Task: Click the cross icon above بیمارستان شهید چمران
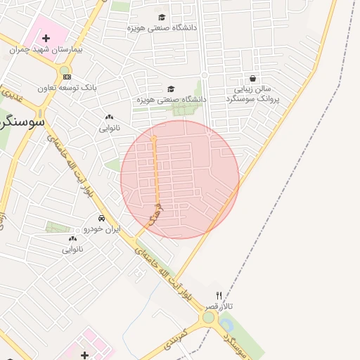tap(46, 38)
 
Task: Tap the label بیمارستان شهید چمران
tap(47, 51)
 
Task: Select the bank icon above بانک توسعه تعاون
tap(67, 77)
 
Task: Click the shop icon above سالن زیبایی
tap(253, 78)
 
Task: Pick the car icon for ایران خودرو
tap(102, 218)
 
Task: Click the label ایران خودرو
tap(103, 229)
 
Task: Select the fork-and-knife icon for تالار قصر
tap(219, 296)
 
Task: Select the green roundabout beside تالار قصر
tap(208, 318)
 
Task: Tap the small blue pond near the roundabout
tap(226, 325)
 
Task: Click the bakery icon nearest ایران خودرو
tap(72, 239)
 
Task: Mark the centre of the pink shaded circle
tap(180, 179)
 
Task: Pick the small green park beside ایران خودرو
tap(58, 226)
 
